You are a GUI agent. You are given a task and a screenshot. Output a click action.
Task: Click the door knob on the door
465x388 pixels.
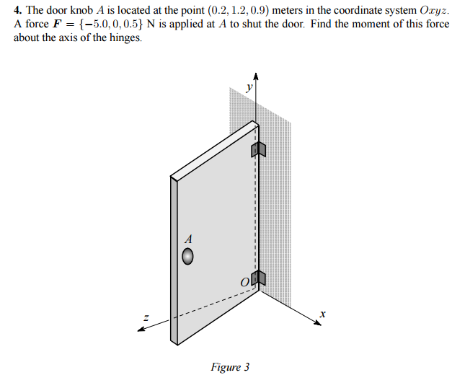point(188,256)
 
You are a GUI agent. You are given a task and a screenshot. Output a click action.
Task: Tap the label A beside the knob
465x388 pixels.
point(189,237)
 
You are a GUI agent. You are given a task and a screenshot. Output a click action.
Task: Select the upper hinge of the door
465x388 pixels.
point(258,149)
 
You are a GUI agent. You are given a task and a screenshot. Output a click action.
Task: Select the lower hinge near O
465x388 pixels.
point(258,278)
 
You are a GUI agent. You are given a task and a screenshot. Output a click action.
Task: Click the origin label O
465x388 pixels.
point(245,281)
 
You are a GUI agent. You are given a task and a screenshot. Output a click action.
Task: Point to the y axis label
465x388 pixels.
point(249,87)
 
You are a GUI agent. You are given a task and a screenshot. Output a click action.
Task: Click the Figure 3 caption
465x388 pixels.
point(230,367)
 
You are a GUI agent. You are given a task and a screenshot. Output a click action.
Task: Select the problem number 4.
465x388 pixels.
point(17,11)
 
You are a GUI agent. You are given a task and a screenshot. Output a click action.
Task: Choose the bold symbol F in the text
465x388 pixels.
point(56,24)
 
